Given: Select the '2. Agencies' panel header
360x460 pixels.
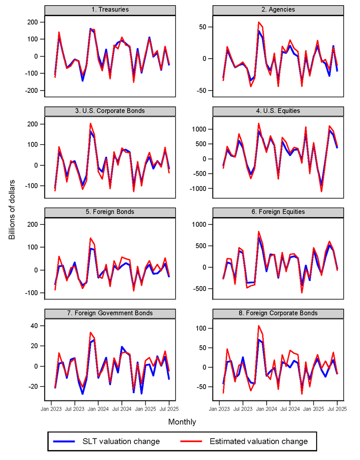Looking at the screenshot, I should (278, 10).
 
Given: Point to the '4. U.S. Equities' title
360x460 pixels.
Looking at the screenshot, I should (278, 110).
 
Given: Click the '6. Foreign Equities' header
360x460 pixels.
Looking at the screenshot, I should (278, 212).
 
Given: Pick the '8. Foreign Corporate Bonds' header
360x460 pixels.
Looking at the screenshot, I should (278, 313).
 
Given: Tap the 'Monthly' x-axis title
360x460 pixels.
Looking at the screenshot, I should (182, 422).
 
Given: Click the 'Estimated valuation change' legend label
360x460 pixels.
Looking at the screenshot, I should (259, 441).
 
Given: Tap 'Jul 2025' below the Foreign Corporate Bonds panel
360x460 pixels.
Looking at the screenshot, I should (337, 409).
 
